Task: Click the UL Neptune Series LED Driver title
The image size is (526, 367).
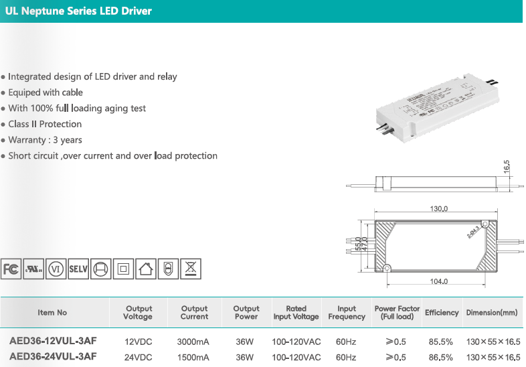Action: [78, 11]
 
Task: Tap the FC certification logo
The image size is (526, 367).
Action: [11, 269]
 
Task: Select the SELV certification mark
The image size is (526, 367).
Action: [78, 269]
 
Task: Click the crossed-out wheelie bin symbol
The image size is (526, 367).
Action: [191, 269]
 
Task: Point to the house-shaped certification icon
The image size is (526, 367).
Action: [146, 269]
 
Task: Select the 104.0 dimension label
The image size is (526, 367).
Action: [438, 281]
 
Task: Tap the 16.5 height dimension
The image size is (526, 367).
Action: [507, 166]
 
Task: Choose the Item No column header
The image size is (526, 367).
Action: [53, 313]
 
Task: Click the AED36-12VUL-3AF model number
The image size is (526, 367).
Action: [53, 341]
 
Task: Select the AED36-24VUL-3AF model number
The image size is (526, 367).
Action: [53, 356]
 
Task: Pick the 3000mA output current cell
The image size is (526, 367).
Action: [193, 342]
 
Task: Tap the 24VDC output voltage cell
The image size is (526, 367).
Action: [138, 357]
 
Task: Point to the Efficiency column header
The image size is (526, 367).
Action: [442, 313]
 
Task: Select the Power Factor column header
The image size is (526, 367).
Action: [397, 313]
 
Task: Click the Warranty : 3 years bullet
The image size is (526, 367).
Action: [45, 140]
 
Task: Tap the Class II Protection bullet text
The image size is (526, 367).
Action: [45, 124]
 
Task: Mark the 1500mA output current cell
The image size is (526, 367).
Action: [193, 357]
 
